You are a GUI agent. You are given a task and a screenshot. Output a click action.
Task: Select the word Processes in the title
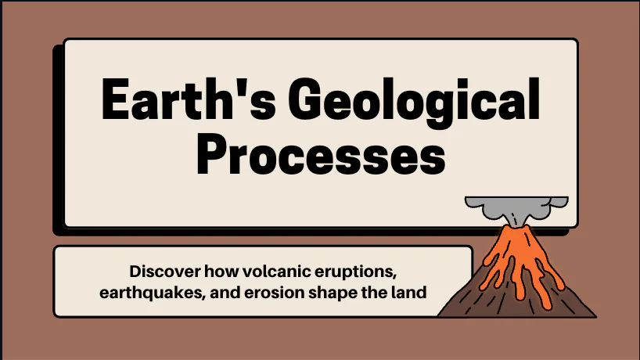321,154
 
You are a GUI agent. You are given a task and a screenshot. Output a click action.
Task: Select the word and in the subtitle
243,293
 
